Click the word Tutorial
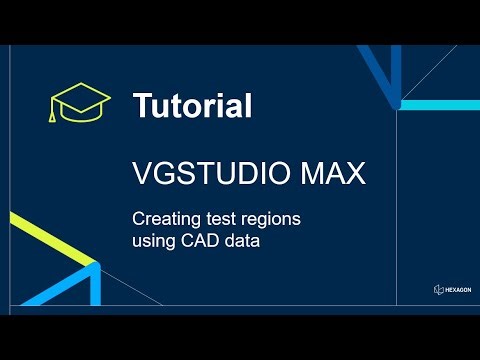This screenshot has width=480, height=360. pyautogui.click(x=192, y=106)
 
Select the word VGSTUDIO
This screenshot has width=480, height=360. pyautogui.click(x=204, y=174)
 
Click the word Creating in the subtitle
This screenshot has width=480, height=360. pyautogui.click(x=163, y=218)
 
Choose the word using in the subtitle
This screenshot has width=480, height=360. pyautogui.click(x=152, y=240)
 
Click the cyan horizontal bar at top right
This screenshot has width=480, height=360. pyautogui.click(x=440, y=104)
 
